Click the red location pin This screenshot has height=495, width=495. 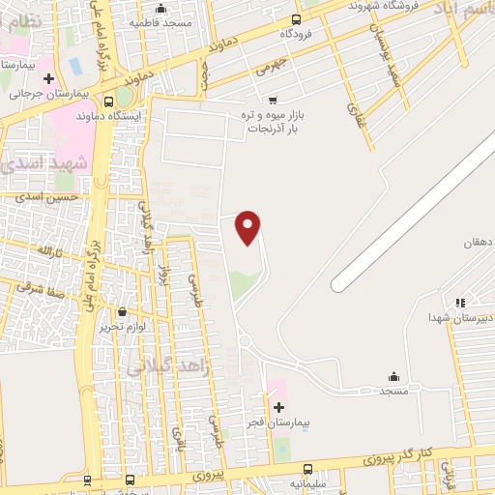(248, 226)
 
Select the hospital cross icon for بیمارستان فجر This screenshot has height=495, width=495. (279, 407)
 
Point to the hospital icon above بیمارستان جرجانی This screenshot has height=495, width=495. (48, 76)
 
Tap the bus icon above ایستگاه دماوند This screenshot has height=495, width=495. (107, 100)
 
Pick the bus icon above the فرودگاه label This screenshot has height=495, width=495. (295, 17)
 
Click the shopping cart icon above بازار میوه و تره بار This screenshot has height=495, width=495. (273, 99)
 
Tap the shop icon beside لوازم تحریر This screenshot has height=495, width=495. (122, 312)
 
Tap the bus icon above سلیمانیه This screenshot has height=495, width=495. (308, 468)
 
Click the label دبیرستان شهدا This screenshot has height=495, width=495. (462, 317)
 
